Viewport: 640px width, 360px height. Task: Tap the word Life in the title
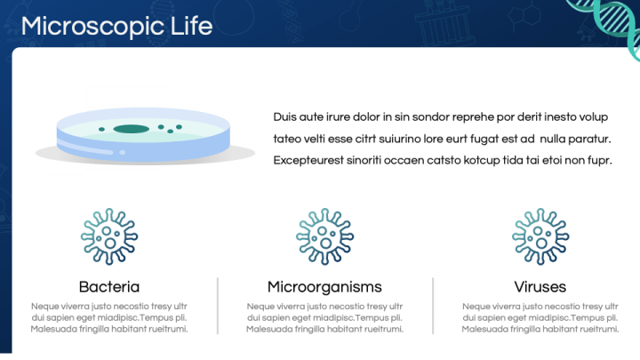coord(191,26)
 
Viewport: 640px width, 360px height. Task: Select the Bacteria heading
coord(109,287)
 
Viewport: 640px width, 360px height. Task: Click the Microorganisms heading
coord(324,287)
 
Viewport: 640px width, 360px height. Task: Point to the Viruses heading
coord(540,287)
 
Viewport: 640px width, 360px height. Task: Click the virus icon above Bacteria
coord(109,236)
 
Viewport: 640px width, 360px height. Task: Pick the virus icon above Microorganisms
coord(325,236)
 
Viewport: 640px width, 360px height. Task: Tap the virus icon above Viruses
coord(540,236)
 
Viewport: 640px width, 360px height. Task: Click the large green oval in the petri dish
coord(131,129)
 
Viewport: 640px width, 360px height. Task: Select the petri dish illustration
coord(144,136)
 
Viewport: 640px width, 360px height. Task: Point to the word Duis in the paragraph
coord(284,117)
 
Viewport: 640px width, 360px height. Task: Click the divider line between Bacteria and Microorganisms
coord(218,306)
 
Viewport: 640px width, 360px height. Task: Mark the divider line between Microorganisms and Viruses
coord(433,306)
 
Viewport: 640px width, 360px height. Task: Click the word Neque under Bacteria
coord(43,307)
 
